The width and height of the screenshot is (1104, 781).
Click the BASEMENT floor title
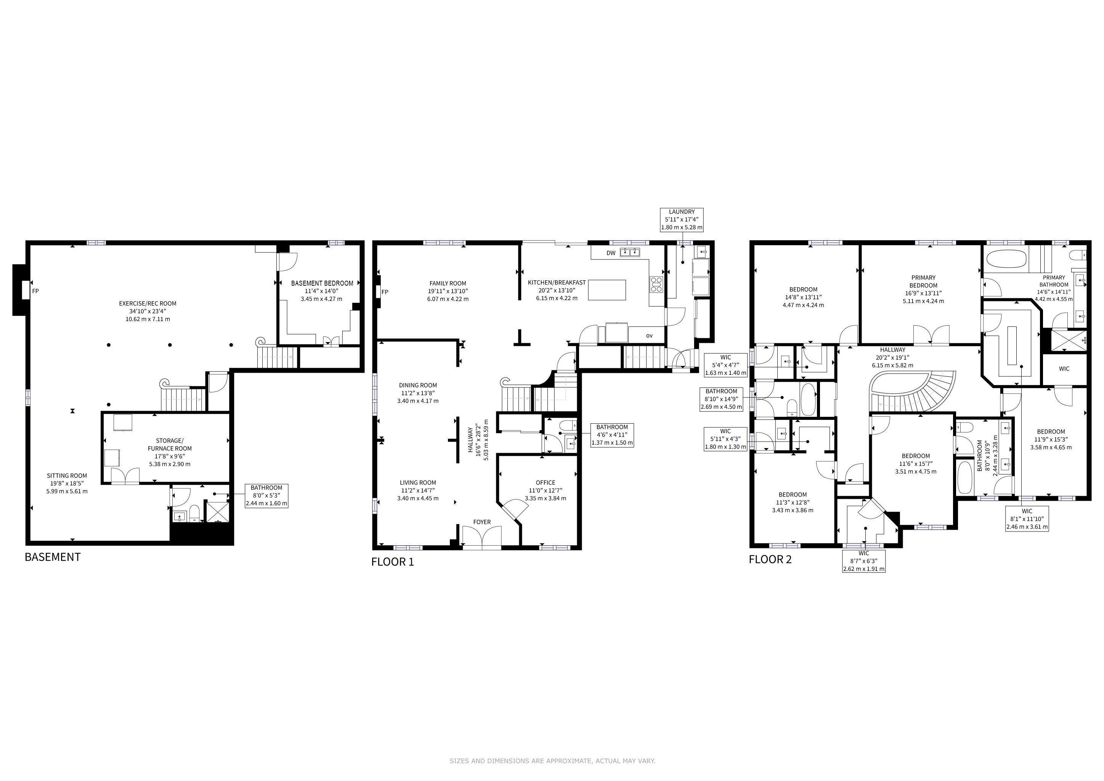52,557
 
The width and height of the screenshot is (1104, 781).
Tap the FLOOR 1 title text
392,562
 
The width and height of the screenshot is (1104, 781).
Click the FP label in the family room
385,292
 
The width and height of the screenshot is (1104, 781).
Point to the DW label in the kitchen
611,253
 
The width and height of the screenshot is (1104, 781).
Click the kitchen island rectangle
607,290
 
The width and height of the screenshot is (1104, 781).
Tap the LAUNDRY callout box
681,220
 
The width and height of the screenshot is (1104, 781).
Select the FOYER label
482,522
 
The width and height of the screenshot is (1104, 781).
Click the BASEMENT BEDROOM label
322,283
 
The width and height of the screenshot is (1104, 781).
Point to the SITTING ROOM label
67,476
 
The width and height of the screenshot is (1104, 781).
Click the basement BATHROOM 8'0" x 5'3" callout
266,496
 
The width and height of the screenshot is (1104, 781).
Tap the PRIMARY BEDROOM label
923,281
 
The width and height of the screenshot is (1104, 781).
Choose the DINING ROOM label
418,385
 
